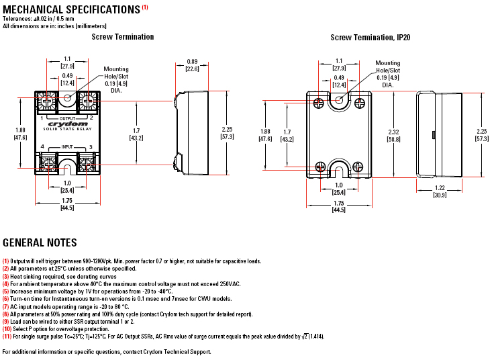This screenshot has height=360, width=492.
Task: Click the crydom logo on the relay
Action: pyautogui.click(x=68, y=124)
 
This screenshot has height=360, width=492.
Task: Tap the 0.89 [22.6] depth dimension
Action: pyautogui.click(x=192, y=65)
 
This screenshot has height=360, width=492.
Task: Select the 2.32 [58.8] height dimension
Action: pyautogui.click(x=393, y=136)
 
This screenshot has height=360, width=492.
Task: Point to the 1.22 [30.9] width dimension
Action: pyautogui.click(x=440, y=191)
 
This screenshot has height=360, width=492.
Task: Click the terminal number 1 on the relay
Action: pyautogui.click(x=42, y=118)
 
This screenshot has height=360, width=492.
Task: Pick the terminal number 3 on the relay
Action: pyautogui.click(x=91, y=147)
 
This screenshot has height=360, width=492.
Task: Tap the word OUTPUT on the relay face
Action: pyautogui.click(x=68, y=118)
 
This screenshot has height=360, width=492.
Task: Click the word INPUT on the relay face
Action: pyautogui.click(x=67, y=146)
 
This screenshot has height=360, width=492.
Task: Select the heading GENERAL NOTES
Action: pyautogui.click(x=40, y=242)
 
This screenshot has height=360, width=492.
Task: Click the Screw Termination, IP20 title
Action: pyautogui.click(x=371, y=38)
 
